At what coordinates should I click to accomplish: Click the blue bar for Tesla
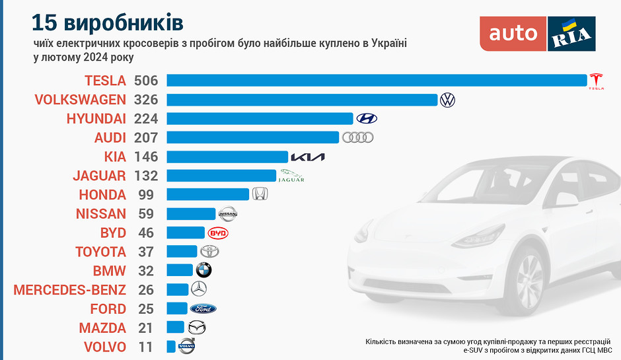(377, 81)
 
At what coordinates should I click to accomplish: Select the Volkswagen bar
(302, 100)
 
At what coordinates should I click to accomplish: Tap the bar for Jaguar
(221, 176)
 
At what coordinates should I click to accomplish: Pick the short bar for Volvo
(171, 346)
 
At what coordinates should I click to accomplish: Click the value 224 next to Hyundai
(146, 119)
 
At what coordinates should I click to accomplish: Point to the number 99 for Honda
(146, 195)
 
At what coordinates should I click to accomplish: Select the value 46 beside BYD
(146, 233)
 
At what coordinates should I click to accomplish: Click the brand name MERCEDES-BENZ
(69, 289)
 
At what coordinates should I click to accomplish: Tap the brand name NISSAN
(100, 213)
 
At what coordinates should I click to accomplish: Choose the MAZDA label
(102, 328)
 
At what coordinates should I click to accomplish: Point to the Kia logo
(308, 157)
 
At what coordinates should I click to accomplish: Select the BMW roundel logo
(203, 270)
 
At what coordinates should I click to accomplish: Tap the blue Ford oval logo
(203, 308)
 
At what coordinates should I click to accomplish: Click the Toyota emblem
(209, 252)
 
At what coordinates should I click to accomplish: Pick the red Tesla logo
(597, 81)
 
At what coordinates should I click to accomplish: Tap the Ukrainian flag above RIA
(569, 26)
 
